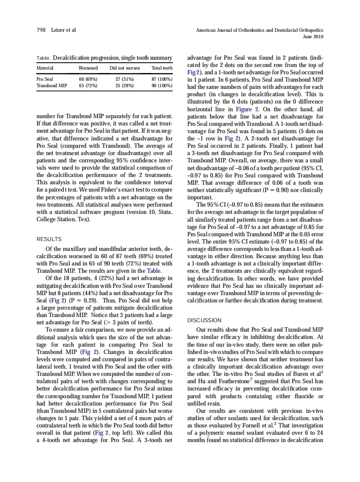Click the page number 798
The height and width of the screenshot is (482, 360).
pos(41,31)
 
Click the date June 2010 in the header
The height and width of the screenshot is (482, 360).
pos(313,37)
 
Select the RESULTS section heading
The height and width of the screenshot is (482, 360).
pos(49,239)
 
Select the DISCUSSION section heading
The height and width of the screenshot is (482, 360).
pos(204,320)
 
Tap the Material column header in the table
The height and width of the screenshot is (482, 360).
pos(45,68)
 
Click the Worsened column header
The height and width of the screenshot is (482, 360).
pos(88,68)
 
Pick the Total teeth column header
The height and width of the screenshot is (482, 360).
pos(162,68)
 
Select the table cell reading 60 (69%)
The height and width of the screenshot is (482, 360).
pos(88,79)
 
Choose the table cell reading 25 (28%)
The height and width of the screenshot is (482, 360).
pos(125,85)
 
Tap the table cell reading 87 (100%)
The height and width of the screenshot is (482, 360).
pos(162,79)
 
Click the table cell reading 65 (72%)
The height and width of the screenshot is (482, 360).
pos(88,85)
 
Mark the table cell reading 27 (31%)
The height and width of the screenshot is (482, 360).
pos(125,79)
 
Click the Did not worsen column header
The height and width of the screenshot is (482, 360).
pos(125,68)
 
